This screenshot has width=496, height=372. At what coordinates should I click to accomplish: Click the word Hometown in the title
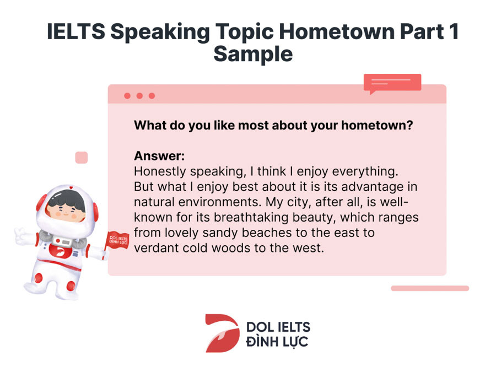click(336, 31)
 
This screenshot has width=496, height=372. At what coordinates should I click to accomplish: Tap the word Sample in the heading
click(253, 55)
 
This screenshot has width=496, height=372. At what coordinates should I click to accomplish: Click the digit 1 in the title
click(454, 31)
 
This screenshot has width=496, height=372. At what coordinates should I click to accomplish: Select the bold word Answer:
click(159, 156)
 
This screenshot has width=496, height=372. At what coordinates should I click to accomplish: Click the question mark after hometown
click(409, 125)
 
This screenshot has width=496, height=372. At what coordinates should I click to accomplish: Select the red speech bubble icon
click(392, 84)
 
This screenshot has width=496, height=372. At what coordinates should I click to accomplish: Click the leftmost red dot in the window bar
click(127, 96)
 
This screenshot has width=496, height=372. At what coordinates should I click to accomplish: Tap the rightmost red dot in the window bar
click(152, 96)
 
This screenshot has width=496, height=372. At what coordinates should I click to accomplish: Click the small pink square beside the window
click(82, 158)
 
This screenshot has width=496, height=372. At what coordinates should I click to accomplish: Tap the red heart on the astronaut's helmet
click(71, 188)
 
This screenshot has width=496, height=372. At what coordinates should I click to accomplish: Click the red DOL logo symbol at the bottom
click(222, 333)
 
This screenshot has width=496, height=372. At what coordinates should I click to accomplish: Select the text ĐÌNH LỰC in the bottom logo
click(277, 342)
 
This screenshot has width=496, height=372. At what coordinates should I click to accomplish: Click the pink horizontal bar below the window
click(430, 288)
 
